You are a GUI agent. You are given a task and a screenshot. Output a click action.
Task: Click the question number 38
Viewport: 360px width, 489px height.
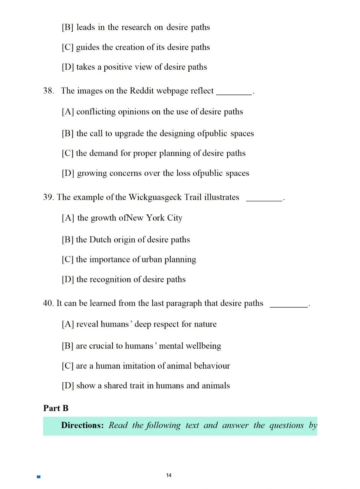tap(48, 91)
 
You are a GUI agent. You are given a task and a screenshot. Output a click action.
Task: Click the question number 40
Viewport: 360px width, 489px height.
tap(48, 303)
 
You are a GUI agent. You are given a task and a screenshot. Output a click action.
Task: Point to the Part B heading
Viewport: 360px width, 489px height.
tap(56, 408)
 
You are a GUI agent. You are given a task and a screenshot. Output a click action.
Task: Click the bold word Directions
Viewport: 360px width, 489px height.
tap(82, 425)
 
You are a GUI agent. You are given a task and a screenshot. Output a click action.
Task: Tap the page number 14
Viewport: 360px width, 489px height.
tap(169, 475)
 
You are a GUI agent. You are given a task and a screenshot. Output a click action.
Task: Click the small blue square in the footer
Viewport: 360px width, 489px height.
tap(39, 477)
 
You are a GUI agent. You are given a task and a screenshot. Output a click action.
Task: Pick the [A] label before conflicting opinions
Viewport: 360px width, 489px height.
tap(68, 112)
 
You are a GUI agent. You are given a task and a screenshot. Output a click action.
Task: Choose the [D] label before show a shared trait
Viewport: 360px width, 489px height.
tap(68, 386)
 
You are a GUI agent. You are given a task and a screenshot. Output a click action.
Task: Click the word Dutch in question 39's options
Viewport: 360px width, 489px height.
tap(100, 240)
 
